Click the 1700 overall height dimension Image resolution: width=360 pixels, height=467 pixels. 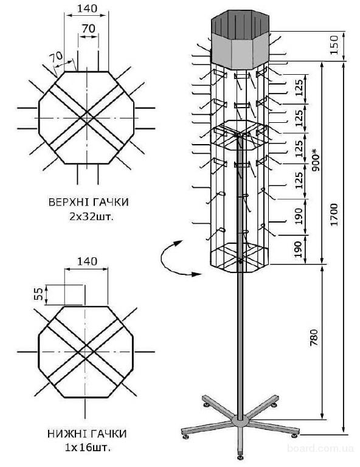334,215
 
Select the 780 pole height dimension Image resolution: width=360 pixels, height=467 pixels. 314,337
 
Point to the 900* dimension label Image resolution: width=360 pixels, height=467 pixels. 316,160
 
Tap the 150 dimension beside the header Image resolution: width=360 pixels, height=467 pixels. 334,44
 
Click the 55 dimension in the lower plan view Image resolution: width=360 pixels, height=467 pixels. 40,293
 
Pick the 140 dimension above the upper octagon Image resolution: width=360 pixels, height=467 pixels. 87,9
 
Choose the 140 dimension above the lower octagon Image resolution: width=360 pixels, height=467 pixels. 87,261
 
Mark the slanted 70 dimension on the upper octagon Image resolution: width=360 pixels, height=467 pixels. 57,57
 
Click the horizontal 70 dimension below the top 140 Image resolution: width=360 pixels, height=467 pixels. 88,29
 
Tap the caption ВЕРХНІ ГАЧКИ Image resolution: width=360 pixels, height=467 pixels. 88,202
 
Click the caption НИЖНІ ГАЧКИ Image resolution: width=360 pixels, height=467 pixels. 87,434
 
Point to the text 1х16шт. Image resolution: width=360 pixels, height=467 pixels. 88,448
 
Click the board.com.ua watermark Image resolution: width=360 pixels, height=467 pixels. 320,448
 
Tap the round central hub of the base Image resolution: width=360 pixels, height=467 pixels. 240,421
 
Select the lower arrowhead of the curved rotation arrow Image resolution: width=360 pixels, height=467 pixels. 196,274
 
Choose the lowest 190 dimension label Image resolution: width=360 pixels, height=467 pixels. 299,249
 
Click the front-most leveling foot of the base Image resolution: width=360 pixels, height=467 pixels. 240,455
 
